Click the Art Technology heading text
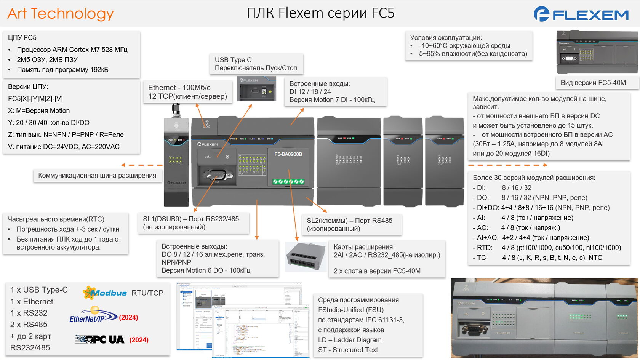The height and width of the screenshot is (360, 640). pos(60,14)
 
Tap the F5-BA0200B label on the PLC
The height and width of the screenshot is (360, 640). pos(288,154)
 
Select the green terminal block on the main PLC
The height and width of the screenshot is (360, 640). pos(288,182)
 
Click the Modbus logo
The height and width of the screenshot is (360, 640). pos(105,293)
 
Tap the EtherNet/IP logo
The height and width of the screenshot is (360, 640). pos(93,317)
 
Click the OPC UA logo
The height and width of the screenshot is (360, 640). pos(100,339)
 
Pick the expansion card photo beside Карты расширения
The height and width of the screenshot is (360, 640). pos(305,257)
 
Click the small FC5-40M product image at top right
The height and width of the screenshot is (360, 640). pos(597,53)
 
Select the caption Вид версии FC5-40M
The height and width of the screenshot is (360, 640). pos(593,83)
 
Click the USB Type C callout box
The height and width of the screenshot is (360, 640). pos(256,64)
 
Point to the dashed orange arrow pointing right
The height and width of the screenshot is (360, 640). pos(507,165)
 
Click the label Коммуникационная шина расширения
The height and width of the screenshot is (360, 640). pos(97,176)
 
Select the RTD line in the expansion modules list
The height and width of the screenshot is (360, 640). pos(547,248)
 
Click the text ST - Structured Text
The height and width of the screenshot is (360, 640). pos(348,350)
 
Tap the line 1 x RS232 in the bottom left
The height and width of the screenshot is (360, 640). pos(29,313)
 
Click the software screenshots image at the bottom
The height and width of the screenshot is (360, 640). pos(242,320)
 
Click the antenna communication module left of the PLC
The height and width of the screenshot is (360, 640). pos(176,160)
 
